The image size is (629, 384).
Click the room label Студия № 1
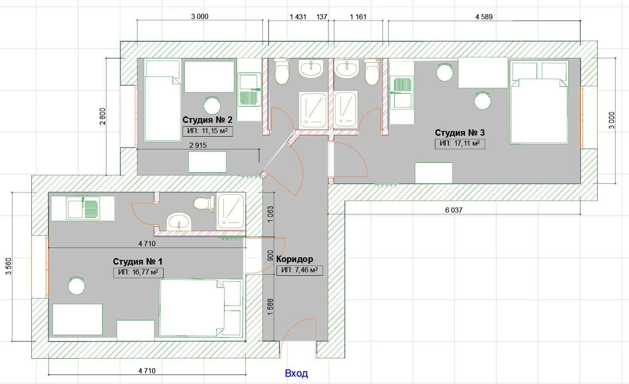(x=137, y=262)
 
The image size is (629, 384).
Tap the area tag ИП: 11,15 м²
(x=207, y=131)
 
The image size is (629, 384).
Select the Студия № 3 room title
(x=460, y=133)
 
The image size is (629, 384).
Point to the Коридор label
(x=295, y=259)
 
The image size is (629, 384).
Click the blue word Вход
(x=296, y=373)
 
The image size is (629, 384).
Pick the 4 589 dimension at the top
(x=484, y=17)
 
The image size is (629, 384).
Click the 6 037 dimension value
(x=453, y=210)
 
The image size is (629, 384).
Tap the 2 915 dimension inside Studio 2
(x=198, y=145)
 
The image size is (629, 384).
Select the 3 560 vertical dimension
(x=9, y=266)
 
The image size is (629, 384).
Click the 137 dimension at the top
(x=322, y=17)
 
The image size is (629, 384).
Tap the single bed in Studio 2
(x=163, y=101)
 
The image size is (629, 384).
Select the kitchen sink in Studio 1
(x=83, y=208)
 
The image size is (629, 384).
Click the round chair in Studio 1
(x=77, y=286)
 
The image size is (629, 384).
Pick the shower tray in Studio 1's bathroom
(x=231, y=211)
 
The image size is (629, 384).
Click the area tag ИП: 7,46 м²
(x=300, y=270)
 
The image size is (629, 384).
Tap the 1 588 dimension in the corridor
(x=270, y=307)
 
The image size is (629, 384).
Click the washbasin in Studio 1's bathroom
(x=179, y=222)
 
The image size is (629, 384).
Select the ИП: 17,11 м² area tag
(x=460, y=143)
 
